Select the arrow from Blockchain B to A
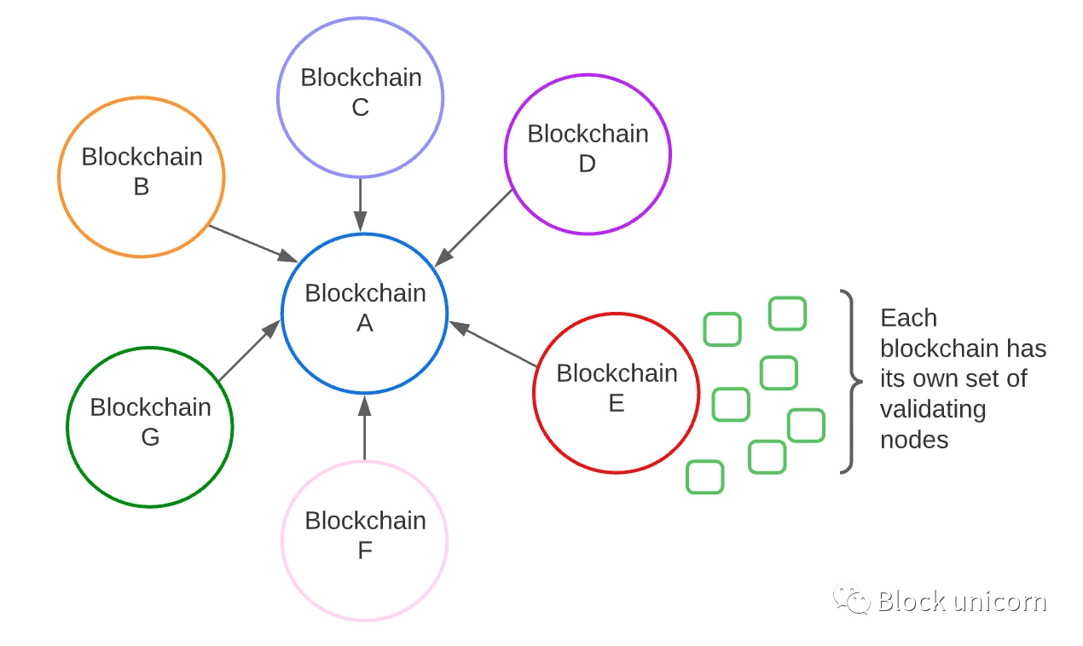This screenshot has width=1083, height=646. (252, 243)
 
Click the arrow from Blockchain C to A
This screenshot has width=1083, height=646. (361, 205)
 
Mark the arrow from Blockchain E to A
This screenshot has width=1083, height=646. (493, 344)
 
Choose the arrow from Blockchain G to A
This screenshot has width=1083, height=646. (249, 350)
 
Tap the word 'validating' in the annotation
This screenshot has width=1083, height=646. (933, 409)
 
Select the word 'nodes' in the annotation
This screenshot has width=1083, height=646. (914, 440)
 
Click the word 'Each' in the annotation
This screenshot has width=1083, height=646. (908, 318)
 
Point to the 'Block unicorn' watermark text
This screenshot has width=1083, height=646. (962, 602)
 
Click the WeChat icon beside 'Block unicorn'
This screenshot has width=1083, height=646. (851, 599)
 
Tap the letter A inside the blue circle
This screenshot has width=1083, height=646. (365, 324)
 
